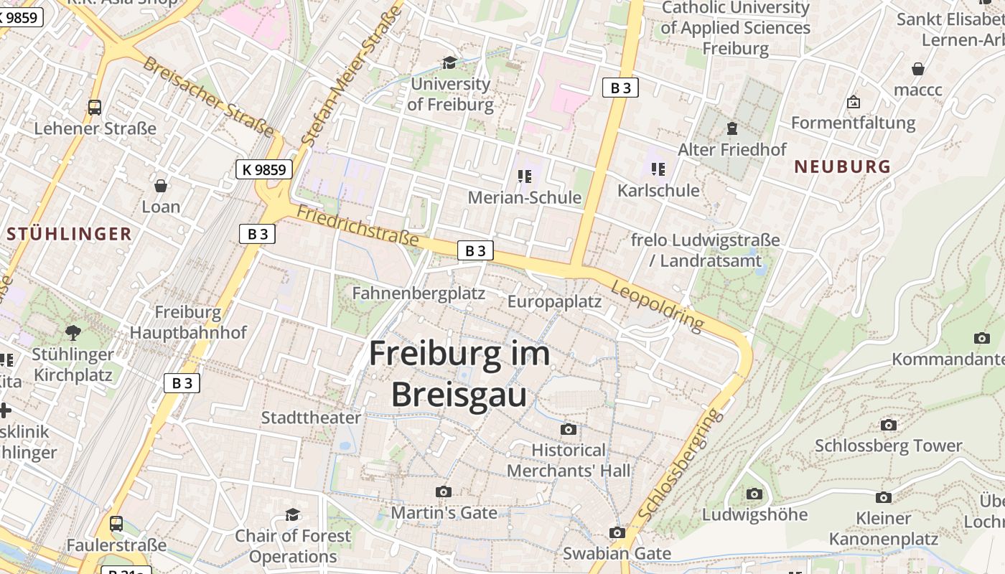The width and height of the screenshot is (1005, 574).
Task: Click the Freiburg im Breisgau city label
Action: pyautogui.click(x=459, y=374)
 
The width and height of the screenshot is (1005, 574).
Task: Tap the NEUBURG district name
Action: pyautogui.click(x=842, y=166)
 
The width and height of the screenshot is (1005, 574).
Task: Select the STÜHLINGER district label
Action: pyautogui.click(x=69, y=233)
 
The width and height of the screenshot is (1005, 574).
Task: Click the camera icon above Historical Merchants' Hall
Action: pyautogui.click(x=569, y=429)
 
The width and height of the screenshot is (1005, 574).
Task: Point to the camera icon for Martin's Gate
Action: pyautogui.click(x=444, y=491)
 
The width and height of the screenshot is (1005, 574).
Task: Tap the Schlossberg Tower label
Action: pyautogui.click(x=888, y=446)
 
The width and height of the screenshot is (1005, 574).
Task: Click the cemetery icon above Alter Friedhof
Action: pyautogui.click(x=732, y=128)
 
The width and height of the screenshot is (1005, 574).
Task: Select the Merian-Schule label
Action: pyautogui.click(x=525, y=197)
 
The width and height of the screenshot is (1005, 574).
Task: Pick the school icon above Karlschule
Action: pyautogui.click(x=658, y=169)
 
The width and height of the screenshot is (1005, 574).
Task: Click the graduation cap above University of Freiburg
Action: pyautogui.click(x=450, y=63)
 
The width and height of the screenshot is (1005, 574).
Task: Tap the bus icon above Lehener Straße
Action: pyautogui.click(x=95, y=108)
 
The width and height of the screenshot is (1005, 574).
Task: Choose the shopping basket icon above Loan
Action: pyautogui.click(x=161, y=186)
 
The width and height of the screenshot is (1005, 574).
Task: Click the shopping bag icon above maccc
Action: pyautogui.click(x=918, y=69)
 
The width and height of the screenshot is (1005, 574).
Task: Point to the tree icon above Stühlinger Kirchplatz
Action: pyautogui.click(x=73, y=332)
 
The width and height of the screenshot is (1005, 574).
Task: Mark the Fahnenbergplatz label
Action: pyautogui.click(x=419, y=293)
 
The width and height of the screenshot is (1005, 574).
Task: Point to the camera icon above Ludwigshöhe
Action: pyautogui.click(x=754, y=494)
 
